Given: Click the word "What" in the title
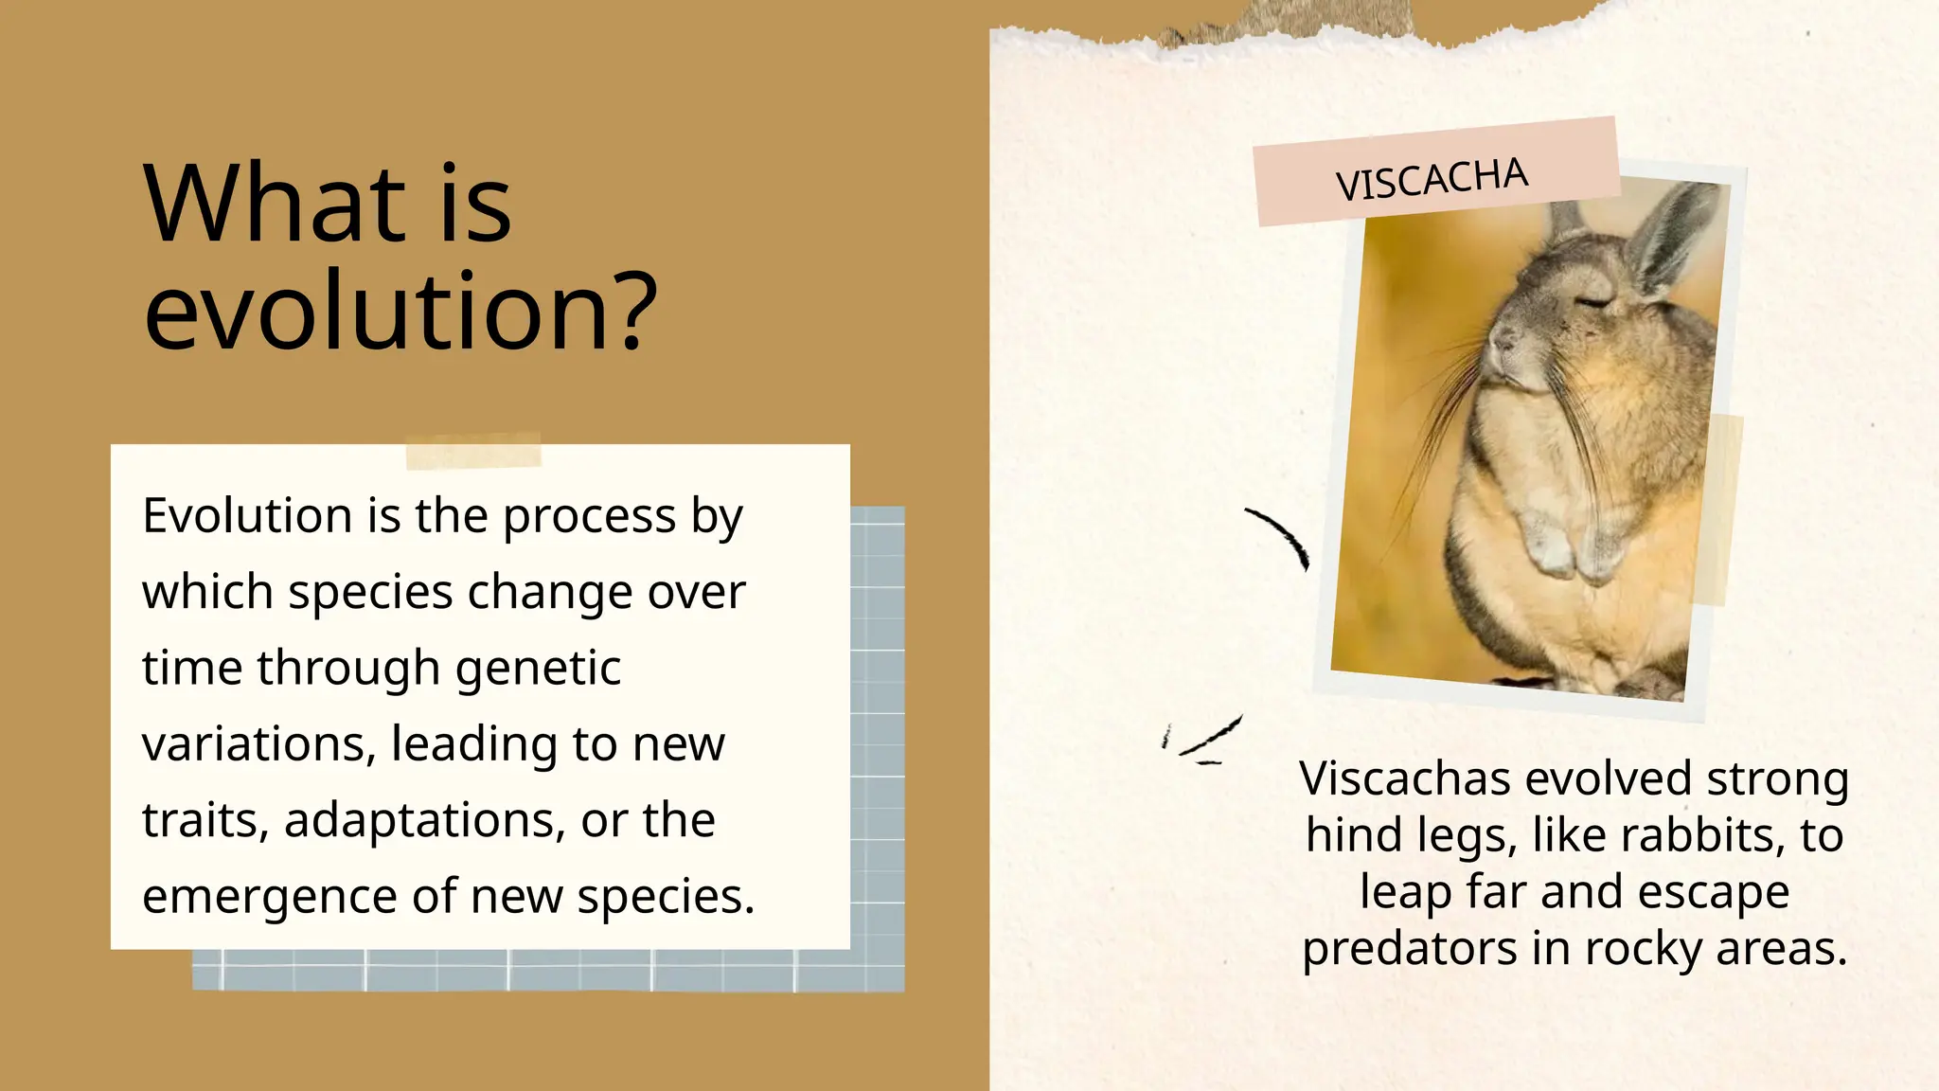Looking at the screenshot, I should point(276,204).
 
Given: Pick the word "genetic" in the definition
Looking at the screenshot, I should point(538,668).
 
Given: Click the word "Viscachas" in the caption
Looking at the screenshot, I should point(1405,778).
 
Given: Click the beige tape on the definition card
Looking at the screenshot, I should point(472,451).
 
